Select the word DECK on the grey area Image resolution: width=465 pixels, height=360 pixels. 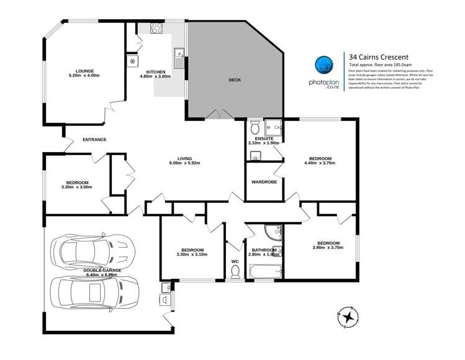(234, 80)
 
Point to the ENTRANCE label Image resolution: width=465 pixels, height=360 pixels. (94, 140)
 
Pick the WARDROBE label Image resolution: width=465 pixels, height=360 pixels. (263, 182)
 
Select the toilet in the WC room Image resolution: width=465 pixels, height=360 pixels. (235, 269)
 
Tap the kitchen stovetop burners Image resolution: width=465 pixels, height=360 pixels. (154, 29)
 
